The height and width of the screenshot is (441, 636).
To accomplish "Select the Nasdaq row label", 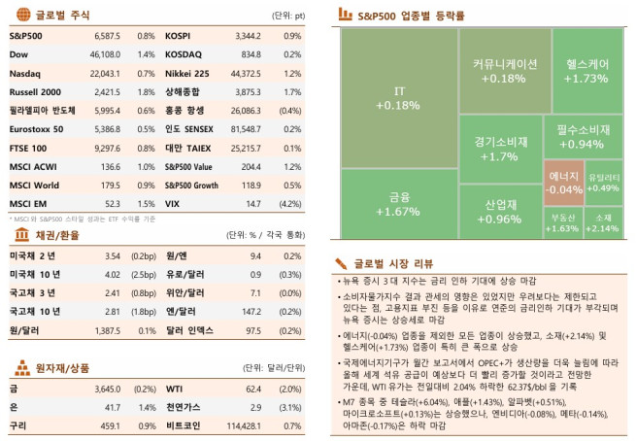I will [x=24, y=73].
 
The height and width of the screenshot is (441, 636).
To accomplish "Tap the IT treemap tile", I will [x=399, y=98].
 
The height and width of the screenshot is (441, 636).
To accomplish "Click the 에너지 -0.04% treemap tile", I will [x=564, y=182].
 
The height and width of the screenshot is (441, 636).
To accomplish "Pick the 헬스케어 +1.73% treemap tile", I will [x=586, y=70].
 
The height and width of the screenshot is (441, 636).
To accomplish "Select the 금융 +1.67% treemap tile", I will [x=399, y=203].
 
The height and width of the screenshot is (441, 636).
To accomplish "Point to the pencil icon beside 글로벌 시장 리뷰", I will [x=342, y=263].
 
